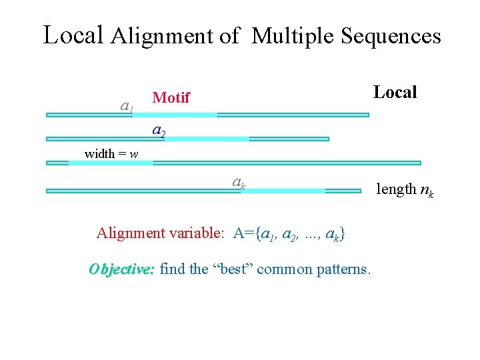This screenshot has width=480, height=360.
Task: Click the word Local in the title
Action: pos(73,34)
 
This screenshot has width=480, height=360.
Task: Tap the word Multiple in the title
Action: pos(294,35)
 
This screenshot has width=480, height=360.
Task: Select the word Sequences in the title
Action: pos(391,36)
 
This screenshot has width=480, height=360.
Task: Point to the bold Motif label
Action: pos(171,98)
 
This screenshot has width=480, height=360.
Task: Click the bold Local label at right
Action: pos(395,92)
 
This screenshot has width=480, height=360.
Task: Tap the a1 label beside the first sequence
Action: pos(127,105)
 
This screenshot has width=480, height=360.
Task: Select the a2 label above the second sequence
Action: pos(159,131)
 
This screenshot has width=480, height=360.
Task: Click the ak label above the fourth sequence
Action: pos(239,181)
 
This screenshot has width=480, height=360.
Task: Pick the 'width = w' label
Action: pos(111,154)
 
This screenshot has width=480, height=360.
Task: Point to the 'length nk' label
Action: pos(405,190)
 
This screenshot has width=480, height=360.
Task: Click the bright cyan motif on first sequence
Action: pos(184,115)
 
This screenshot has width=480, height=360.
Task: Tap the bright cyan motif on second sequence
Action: pos(207,139)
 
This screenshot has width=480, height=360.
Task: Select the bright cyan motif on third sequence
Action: pos(111,162)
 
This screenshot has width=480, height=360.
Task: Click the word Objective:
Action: pos(122,269)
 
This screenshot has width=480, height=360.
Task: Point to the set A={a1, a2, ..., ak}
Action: pos(289,234)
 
